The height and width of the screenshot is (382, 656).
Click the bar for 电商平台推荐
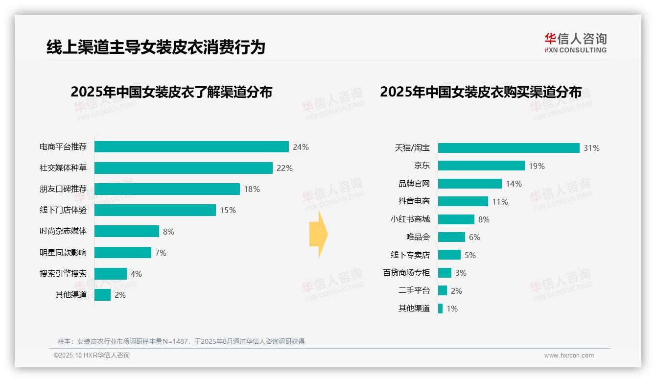[191, 147]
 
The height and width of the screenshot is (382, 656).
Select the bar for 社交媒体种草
[183, 168]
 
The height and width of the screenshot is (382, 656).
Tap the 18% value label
[252, 189]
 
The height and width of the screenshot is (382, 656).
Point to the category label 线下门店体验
[63, 210]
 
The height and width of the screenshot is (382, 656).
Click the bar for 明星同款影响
[122, 253]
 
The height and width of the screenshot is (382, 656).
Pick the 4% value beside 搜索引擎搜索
[136, 274]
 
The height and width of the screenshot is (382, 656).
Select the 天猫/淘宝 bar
[509, 148]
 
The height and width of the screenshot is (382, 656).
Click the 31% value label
[591, 148]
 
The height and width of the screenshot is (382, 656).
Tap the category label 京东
[422, 166]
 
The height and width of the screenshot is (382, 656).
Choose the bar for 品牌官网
[470, 184]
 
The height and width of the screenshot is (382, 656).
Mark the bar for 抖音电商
[463, 201]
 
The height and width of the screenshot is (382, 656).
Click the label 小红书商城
[410, 219]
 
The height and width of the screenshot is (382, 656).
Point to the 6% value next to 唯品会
[474, 237]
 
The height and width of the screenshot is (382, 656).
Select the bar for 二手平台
[443, 290]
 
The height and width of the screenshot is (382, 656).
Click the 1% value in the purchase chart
[452, 309]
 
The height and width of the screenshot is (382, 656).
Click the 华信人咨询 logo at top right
[575, 43]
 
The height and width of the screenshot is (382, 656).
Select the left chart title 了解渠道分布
[171, 92]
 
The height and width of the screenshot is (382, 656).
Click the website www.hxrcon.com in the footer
[569, 355]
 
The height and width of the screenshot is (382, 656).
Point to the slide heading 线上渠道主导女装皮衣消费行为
[156, 47]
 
